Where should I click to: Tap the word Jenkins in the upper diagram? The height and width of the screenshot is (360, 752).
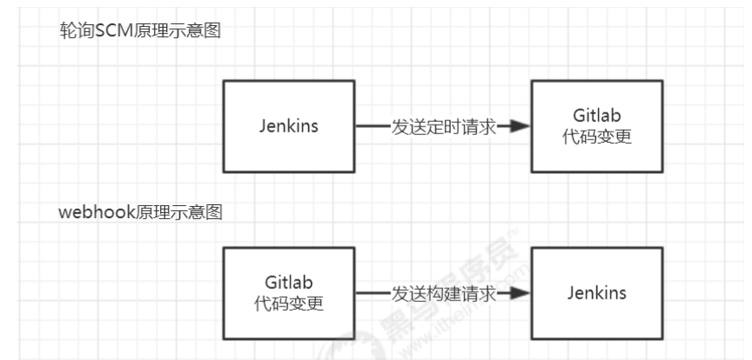(289, 125)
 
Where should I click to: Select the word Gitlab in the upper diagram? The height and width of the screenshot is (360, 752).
(597, 116)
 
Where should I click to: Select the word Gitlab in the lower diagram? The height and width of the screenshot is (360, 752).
(289, 283)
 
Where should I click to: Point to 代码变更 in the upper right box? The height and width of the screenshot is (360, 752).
(597, 137)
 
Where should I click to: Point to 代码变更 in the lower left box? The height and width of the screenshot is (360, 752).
(289, 304)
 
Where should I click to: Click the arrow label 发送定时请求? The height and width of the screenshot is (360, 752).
(444, 126)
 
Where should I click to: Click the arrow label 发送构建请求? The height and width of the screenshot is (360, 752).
(444, 293)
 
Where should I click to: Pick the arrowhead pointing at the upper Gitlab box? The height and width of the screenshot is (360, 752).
(520, 126)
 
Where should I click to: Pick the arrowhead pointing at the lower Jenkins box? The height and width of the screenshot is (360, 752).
(520, 293)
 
